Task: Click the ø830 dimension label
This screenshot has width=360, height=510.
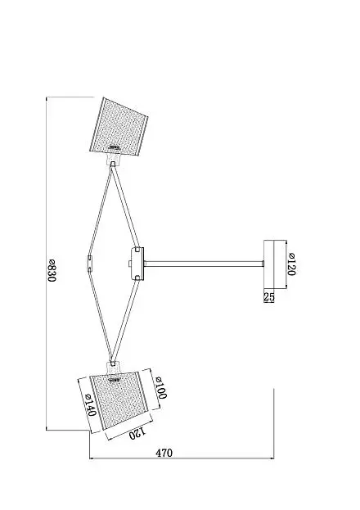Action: click(x=52, y=271)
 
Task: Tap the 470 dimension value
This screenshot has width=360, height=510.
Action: click(x=164, y=453)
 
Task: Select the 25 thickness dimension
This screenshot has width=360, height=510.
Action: click(x=269, y=296)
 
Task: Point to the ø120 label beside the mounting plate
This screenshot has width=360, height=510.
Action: click(x=291, y=264)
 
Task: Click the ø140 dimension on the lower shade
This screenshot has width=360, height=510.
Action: click(x=90, y=405)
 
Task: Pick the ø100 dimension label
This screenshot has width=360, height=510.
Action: click(x=160, y=387)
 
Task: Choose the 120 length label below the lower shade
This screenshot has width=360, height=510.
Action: click(x=137, y=433)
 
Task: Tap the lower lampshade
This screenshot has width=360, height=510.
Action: click(x=119, y=401)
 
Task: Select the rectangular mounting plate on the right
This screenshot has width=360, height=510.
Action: click(x=269, y=264)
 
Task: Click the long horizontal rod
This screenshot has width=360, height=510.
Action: click(x=204, y=264)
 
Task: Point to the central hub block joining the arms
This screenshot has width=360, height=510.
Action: click(x=137, y=264)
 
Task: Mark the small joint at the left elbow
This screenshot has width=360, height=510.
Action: click(x=90, y=264)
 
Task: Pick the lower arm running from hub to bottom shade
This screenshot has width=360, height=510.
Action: click(x=125, y=322)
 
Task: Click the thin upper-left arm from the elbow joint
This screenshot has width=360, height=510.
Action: click(x=100, y=210)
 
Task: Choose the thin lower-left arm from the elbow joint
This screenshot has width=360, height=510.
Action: click(x=100, y=316)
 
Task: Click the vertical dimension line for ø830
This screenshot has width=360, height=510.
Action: click(x=46, y=264)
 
